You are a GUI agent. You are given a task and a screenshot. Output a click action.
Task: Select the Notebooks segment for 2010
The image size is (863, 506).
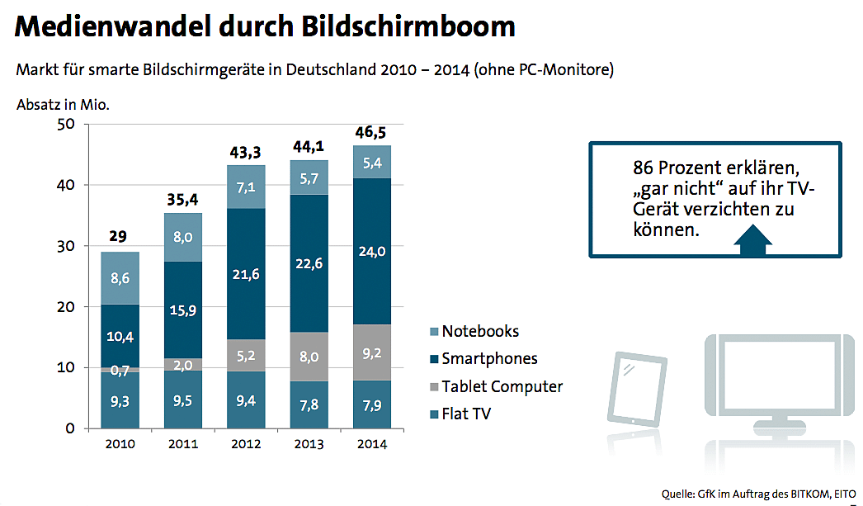point(120,278)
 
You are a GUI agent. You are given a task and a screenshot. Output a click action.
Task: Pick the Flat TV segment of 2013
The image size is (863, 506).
point(309,404)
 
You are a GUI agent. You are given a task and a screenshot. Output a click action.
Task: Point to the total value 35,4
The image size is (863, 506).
point(183,200)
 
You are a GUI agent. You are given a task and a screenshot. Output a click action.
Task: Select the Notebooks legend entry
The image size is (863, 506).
point(480,331)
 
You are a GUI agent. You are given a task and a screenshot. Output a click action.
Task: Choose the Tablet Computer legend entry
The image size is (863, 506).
point(501,386)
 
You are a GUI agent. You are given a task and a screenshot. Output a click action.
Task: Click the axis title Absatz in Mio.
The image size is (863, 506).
point(63,105)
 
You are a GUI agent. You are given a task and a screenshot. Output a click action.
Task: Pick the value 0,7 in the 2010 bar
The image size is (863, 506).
point(120,371)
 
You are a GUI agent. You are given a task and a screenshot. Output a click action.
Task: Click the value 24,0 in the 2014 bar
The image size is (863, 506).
point(372,252)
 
